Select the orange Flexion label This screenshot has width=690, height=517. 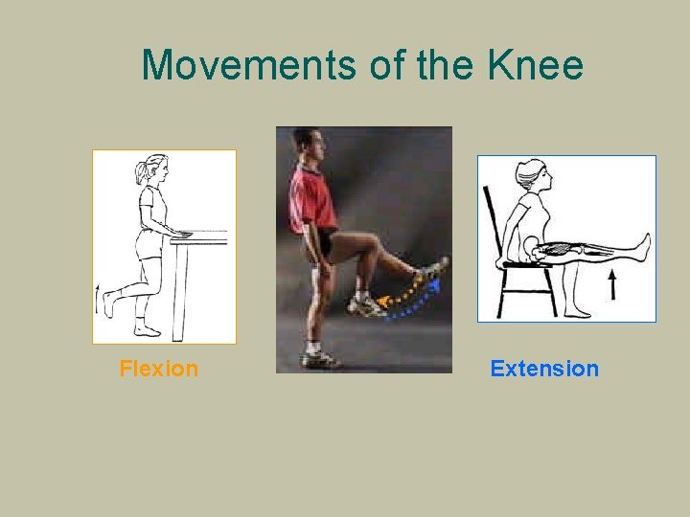159,369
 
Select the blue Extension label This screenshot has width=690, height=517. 544,369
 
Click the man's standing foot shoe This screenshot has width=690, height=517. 319,359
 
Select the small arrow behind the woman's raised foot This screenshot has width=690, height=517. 98,300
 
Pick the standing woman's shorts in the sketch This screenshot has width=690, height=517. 149,245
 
